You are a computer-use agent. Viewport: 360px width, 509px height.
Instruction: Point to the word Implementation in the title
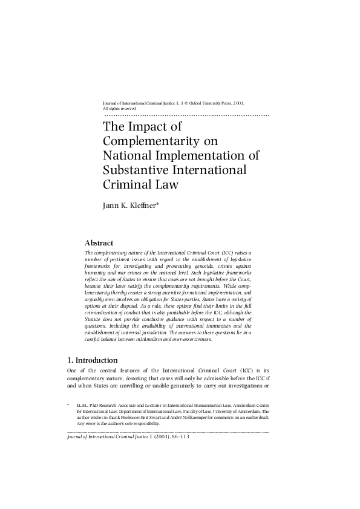pos(215,156)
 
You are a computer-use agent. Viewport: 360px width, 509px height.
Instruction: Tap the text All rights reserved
pos(120,109)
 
